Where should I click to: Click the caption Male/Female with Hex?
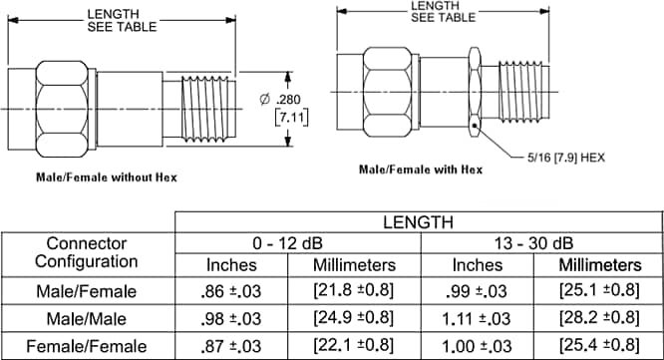[x=421, y=169]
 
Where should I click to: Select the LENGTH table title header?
[x=419, y=222]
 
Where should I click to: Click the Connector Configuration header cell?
[x=87, y=253]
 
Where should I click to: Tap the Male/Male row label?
[x=87, y=318]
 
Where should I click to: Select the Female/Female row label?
[x=87, y=344]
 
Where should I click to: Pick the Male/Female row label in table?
[x=87, y=291]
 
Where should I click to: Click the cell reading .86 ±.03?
[x=230, y=291]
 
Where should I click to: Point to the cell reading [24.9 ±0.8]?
[x=354, y=318]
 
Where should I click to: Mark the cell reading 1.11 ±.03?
[x=477, y=318]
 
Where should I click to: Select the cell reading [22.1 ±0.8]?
[x=354, y=344]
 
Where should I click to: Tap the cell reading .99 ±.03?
[x=477, y=291]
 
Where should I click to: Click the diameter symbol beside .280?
[x=264, y=100]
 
